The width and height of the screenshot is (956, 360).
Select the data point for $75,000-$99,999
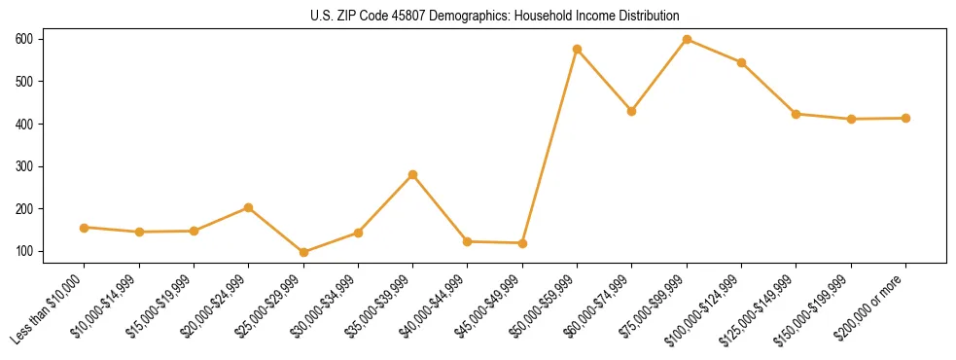coord(688,39)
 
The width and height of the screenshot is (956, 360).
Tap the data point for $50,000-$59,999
coord(578,49)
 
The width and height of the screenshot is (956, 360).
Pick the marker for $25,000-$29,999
coord(249,252)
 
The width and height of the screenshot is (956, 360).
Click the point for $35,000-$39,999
coord(413,174)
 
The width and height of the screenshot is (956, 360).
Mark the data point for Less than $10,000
coord(85,228)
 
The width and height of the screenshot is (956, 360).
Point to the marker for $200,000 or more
coord(906,118)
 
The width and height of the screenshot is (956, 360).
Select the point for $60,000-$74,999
coord(632,111)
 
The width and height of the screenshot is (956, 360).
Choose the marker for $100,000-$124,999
coord(742,62)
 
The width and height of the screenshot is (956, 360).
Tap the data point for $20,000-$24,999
coord(249,207)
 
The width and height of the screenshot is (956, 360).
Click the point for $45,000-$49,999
coord(523,243)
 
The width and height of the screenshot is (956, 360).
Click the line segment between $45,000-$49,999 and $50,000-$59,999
coord(550,146)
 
